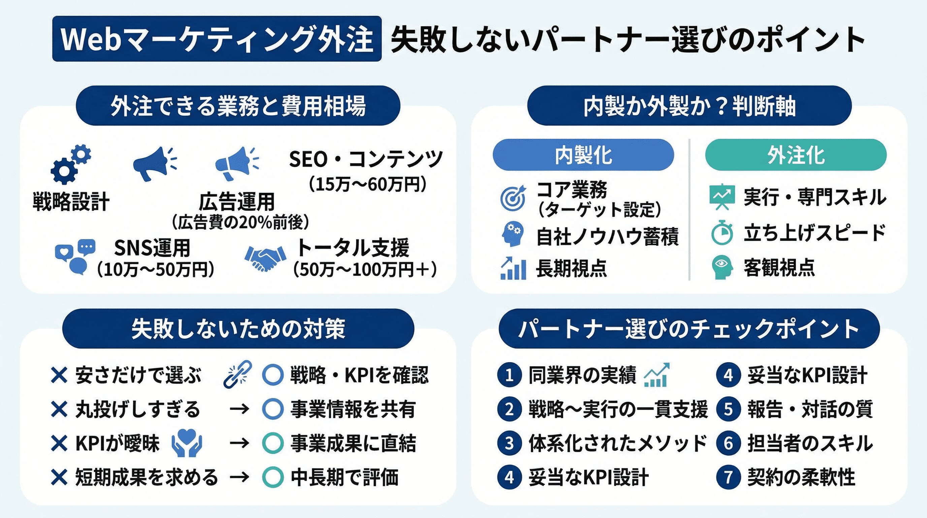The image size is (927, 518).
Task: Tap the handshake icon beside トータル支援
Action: click(x=265, y=258)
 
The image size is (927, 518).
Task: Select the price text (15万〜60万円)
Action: click(x=367, y=184)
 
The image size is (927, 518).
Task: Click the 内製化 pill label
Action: click(x=583, y=155)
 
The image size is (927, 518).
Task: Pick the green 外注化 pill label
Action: click(x=795, y=155)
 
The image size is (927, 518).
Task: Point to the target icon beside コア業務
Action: click(x=512, y=198)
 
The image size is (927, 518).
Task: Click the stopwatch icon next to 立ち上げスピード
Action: click(x=722, y=233)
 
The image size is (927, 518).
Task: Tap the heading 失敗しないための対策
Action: click(x=238, y=328)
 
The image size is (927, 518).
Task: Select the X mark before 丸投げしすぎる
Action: click(x=59, y=409)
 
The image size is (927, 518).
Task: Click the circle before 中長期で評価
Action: click(x=273, y=477)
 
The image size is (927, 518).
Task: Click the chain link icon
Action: click(x=237, y=374)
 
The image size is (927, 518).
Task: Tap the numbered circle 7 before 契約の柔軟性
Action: click(x=728, y=477)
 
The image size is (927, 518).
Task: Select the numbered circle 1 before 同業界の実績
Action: click(x=509, y=375)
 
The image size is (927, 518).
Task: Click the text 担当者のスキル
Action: click(x=810, y=443)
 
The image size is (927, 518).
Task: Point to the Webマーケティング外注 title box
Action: click(x=216, y=38)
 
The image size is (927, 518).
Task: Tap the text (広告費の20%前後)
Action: click(x=240, y=222)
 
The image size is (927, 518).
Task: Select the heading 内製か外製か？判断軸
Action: click(x=689, y=106)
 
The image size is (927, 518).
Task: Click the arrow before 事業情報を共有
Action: click(x=239, y=409)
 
